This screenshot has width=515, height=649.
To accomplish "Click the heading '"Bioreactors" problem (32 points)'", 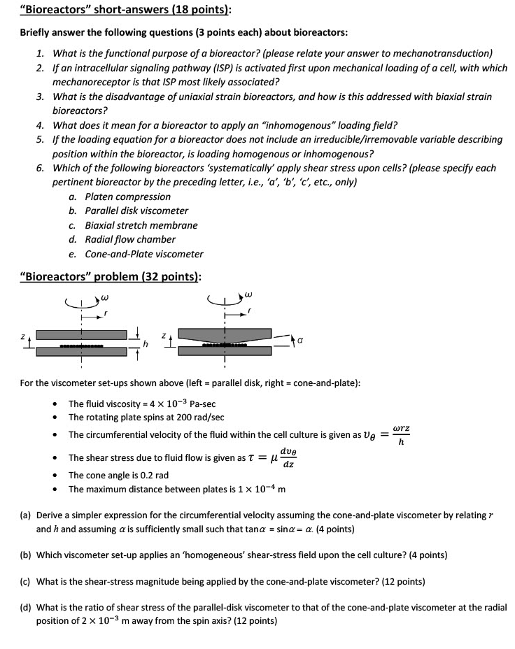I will pos(111,276).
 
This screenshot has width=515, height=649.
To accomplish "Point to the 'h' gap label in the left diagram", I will pos(146,343).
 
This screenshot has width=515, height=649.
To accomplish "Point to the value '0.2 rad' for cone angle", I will pos(150,475).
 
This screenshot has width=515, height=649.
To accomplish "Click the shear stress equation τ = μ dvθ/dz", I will pos(256,457).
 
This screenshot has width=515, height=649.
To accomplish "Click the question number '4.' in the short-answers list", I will pos(41,125).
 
